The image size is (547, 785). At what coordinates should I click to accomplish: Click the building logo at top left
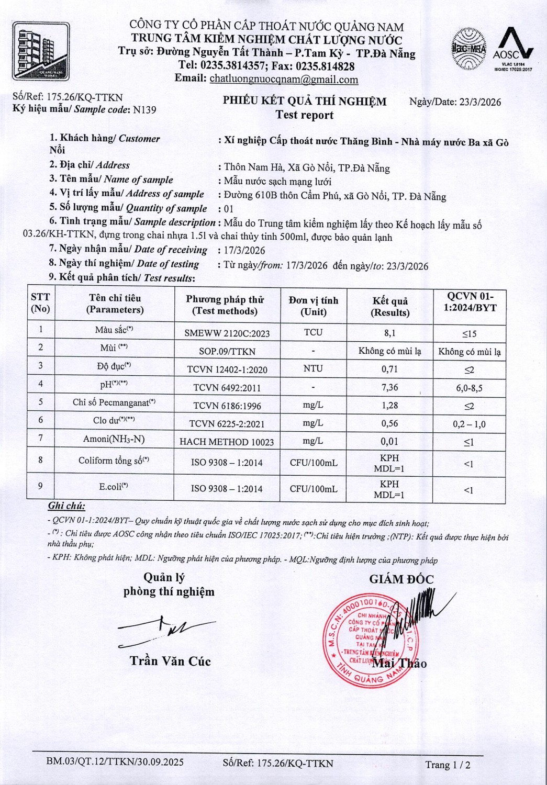pyautogui.click(x=41, y=51)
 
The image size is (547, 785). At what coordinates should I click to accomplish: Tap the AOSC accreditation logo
pyautogui.click(x=513, y=49)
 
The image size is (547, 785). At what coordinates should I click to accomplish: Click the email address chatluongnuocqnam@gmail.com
pyautogui.click(x=284, y=80)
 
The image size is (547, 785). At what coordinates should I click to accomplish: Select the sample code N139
pyautogui.click(x=144, y=110)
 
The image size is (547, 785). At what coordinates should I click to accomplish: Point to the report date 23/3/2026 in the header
pyautogui.click(x=480, y=102)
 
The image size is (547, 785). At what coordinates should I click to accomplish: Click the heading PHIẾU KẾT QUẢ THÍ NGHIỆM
pyautogui.click(x=305, y=102)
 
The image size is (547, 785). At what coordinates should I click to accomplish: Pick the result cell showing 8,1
pyautogui.click(x=389, y=333)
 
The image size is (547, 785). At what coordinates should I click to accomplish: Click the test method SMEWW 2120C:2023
pyautogui.click(x=227, y=333)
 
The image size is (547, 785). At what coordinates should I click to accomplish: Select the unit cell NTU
pyautogui.click(x=313, y=368)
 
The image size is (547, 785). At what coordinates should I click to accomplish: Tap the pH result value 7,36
pyautogui.click(x=389, y=387)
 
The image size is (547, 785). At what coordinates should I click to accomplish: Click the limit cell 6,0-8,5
pyautogui.click(x=469, y=388)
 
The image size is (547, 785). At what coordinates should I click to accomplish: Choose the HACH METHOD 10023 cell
pyautogui.click(x=227, y=442)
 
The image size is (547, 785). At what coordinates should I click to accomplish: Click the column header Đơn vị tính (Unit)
pyautogui.click(x=314, y=306)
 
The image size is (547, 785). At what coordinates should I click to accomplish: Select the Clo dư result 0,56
pyautogui.click(x=389, y=423)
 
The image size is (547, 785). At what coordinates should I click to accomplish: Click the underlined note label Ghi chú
pyautogui.click(x=66, y=506)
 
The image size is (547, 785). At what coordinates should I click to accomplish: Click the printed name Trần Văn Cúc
pyautogui.click(x=170, y=661)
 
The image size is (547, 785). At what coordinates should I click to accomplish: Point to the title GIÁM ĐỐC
pyautogui.click(x=401, y=579)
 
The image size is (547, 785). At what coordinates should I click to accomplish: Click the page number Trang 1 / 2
pyautogui.click(x=448, y=765)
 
